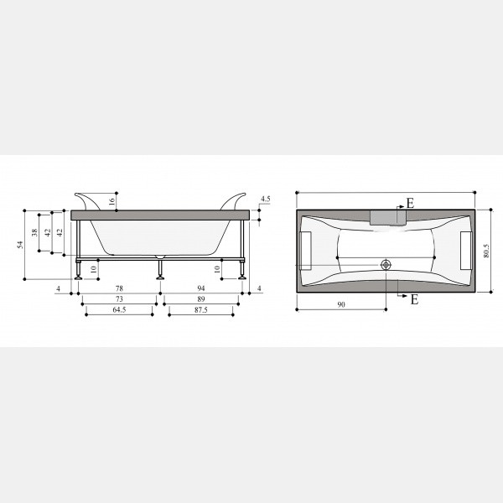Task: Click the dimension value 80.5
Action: pyautogui.click(x=486, y=251)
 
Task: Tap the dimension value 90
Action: pyautogui.click(x=341, y=304)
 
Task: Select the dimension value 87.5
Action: pyautogui.click(x=201, y=309)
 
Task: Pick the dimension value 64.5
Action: pyautogui.click(x=119, y=309)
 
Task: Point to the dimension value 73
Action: pyautogui.click(x=119, y=299)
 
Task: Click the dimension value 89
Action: pyautogui.click(x=201, y=299)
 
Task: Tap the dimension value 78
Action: pyautogui.click(x=119, y=288)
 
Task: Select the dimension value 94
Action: pyautogui.click(x=201, y=288)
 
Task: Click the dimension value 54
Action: pyautogui.click(x=20, y=245)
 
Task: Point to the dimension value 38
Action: pyautogui.click(x=34, y=232)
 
